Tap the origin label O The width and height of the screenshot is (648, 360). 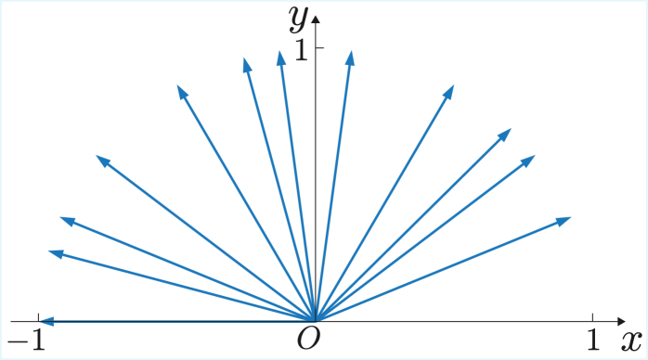click(x=308, y=340)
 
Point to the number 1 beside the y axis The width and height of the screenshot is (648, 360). click(x=300, y=52)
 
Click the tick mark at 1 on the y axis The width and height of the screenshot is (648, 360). click(x=317, y=47)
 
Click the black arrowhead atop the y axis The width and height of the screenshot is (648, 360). click(x=317, y=18)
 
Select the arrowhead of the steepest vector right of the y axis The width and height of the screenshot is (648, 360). click(x=351, y=54)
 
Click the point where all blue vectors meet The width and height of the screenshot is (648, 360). click(x=317, y=321)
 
